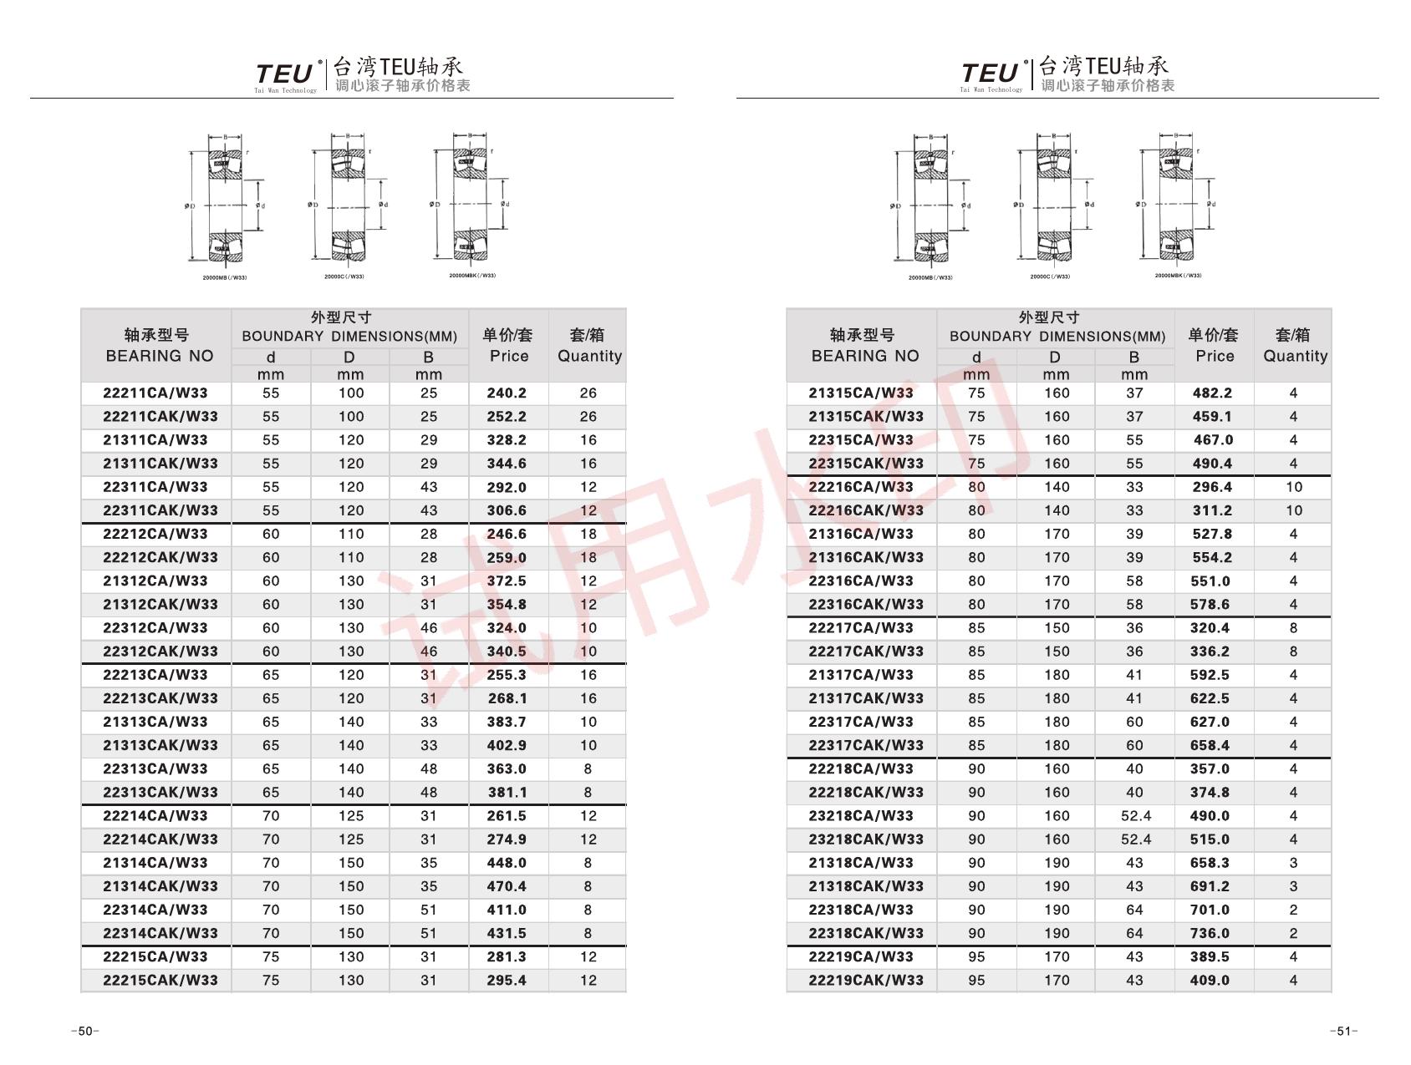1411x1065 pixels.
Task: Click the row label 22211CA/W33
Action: [155, 393]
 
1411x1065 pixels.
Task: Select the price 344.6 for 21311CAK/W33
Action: [507, 464]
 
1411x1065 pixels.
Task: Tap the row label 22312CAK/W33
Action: [160, 652]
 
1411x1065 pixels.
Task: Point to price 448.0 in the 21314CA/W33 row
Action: [507, 863]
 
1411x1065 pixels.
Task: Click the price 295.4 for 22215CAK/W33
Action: [507, 981]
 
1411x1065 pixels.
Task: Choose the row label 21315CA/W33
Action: [861, 393]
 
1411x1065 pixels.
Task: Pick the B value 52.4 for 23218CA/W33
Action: [1135, 816]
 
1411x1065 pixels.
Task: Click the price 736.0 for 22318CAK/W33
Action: [1210, 934]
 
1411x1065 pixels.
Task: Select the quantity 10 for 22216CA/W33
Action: [1294, 487]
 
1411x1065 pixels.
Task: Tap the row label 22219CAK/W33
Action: [866, 981]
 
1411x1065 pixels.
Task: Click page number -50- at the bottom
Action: [85, 1032]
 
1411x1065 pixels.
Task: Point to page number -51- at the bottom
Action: [1343, 1032]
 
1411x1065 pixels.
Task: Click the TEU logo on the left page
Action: [285, 75]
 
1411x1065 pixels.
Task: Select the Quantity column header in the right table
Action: [1294, 345]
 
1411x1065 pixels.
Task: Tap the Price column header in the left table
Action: [508, 345]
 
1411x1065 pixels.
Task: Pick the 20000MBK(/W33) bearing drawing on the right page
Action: [1179, 205]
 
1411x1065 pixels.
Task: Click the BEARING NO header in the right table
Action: [863, 345]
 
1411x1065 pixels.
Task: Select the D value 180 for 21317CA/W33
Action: [1057, 675]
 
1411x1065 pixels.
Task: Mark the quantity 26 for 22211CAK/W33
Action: [588, 417]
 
